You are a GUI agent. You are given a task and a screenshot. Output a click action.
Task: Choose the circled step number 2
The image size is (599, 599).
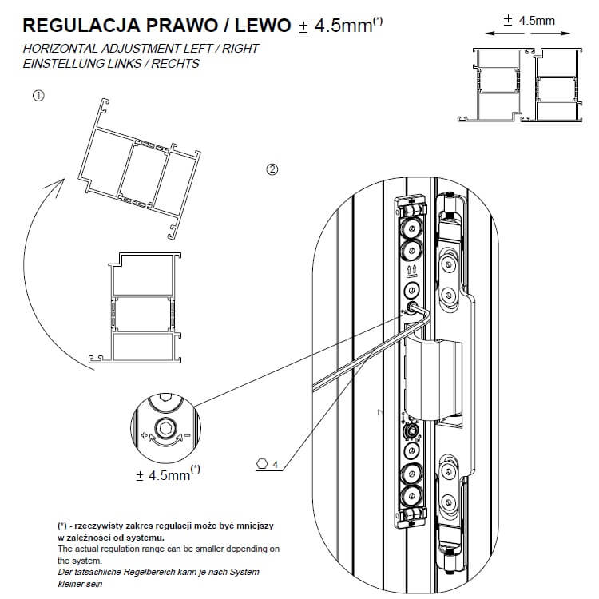pos(272,169)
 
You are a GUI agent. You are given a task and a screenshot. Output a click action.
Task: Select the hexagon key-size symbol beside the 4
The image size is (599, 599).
pos(261,462)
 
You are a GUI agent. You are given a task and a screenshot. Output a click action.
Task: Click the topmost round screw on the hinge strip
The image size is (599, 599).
pos(412,230)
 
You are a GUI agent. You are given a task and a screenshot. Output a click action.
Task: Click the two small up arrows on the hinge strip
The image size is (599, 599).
pos(412,269)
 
